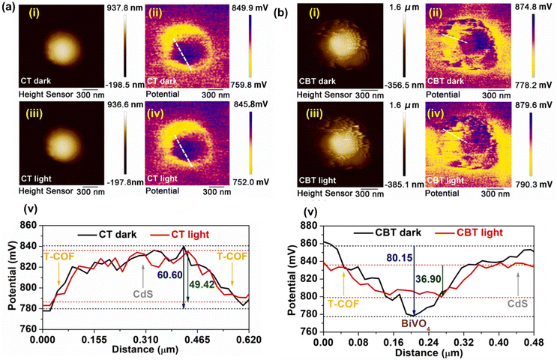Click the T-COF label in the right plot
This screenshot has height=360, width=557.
pos(342,306)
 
